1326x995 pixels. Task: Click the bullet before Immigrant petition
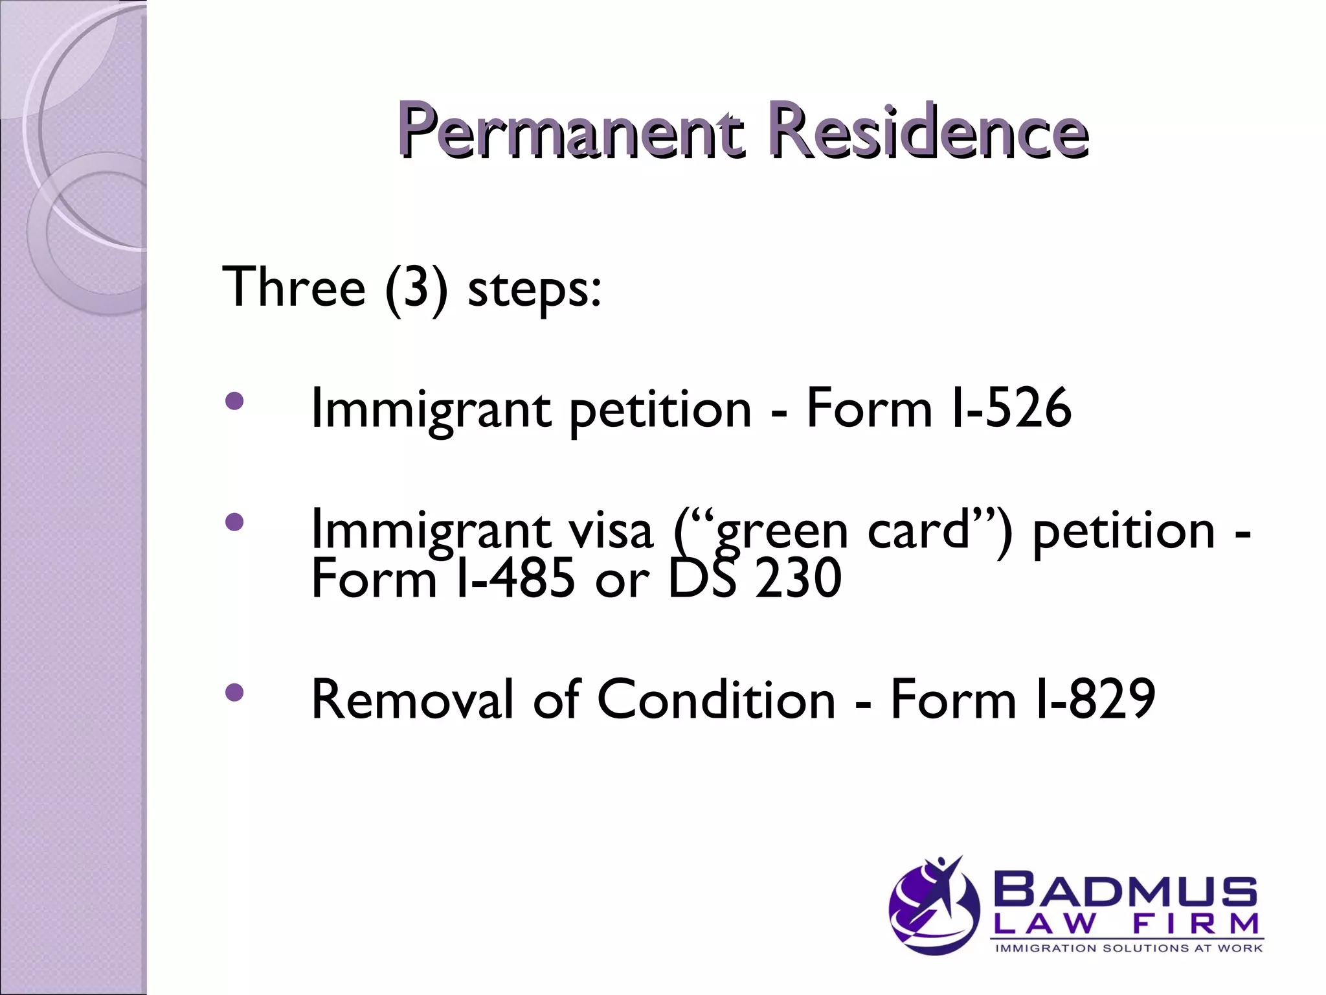click(x=234, y=401)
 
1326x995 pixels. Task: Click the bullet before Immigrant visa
click(x=234, y=521)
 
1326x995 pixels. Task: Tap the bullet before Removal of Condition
click(x=234, y=692)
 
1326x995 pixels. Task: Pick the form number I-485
click(x=515, y=578)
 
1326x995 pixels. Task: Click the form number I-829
click(x=1094, y=700)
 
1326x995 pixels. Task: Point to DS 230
click(x=754, y=578)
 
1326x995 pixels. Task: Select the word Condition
click(x=716, y=700)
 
